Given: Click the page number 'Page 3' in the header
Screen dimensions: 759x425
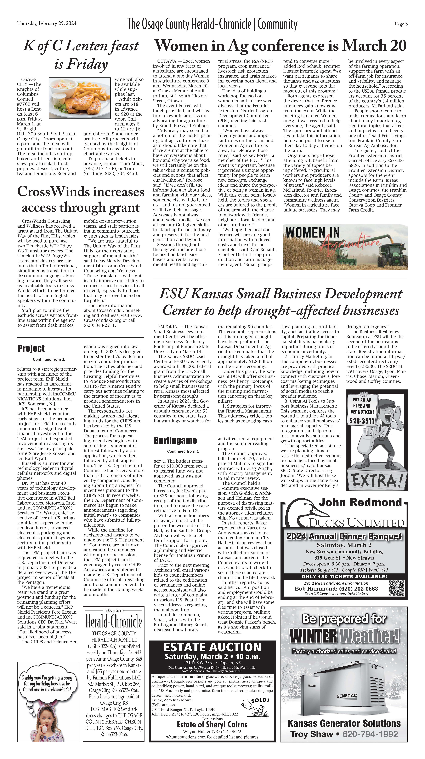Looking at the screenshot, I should tap(401, 24).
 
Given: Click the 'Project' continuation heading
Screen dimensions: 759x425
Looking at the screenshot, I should tap(31, 348).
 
